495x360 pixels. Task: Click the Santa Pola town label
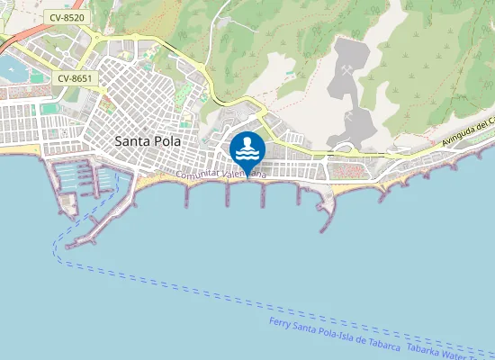point(148,141)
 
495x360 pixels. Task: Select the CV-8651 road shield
point(75,78)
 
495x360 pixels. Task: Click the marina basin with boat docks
point(81,176)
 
